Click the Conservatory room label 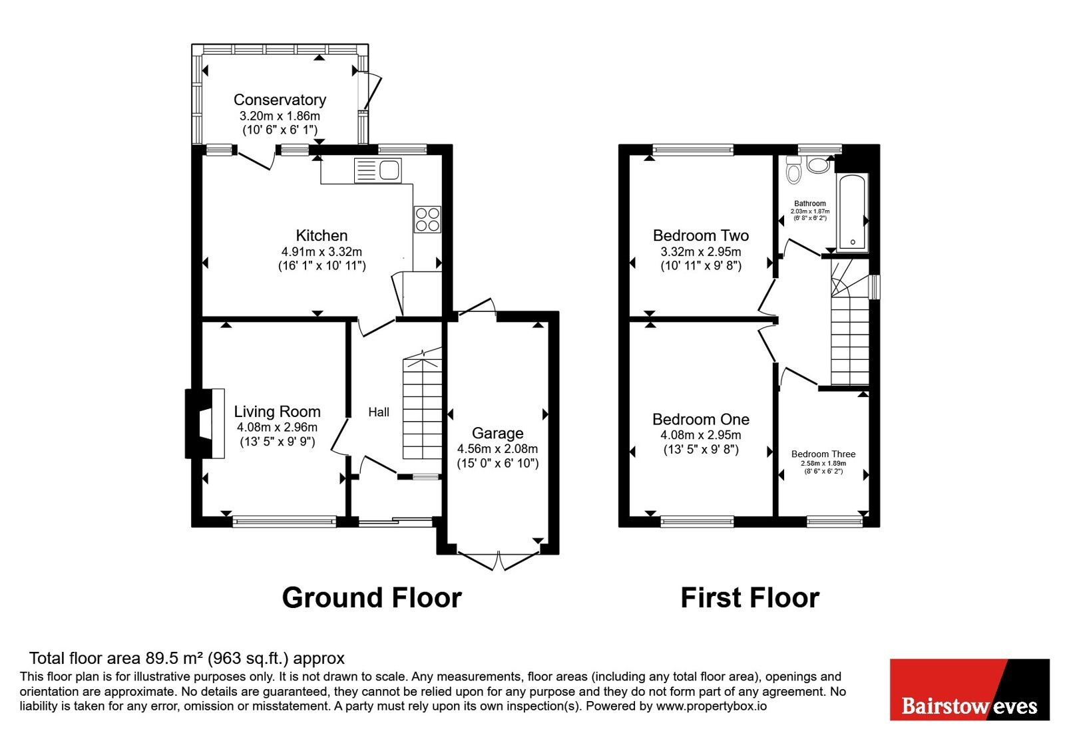pos(280,100)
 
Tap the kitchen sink pos(378,170)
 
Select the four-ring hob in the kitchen pos(427,220)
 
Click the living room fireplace pos(204,424)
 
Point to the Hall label pos(379,412)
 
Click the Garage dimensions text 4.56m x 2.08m pos(497,448)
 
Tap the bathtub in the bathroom pos(853,212)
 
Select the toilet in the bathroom pos(793,170)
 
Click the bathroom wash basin pos(818,165)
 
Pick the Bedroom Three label pos(823,454)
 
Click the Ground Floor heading pos(372,597)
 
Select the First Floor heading pos(749,597)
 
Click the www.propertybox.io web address pos(712,706)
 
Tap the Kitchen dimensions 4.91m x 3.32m pos(321,252)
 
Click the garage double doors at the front pos(499,561)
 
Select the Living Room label pos(277,412)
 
